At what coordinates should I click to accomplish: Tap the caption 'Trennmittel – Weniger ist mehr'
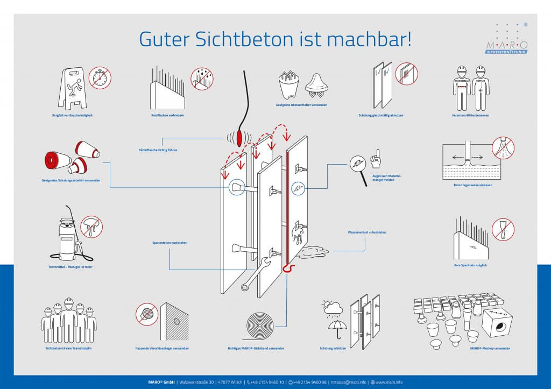coord(70,266)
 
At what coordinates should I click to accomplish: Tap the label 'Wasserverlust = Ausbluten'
coord(366,232)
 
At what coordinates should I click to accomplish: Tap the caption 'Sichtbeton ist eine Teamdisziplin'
coord(69,348)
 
